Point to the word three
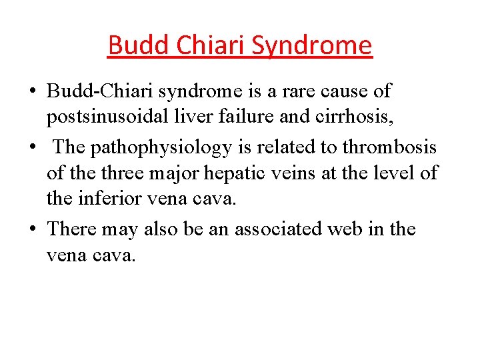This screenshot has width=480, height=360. point(113,173)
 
